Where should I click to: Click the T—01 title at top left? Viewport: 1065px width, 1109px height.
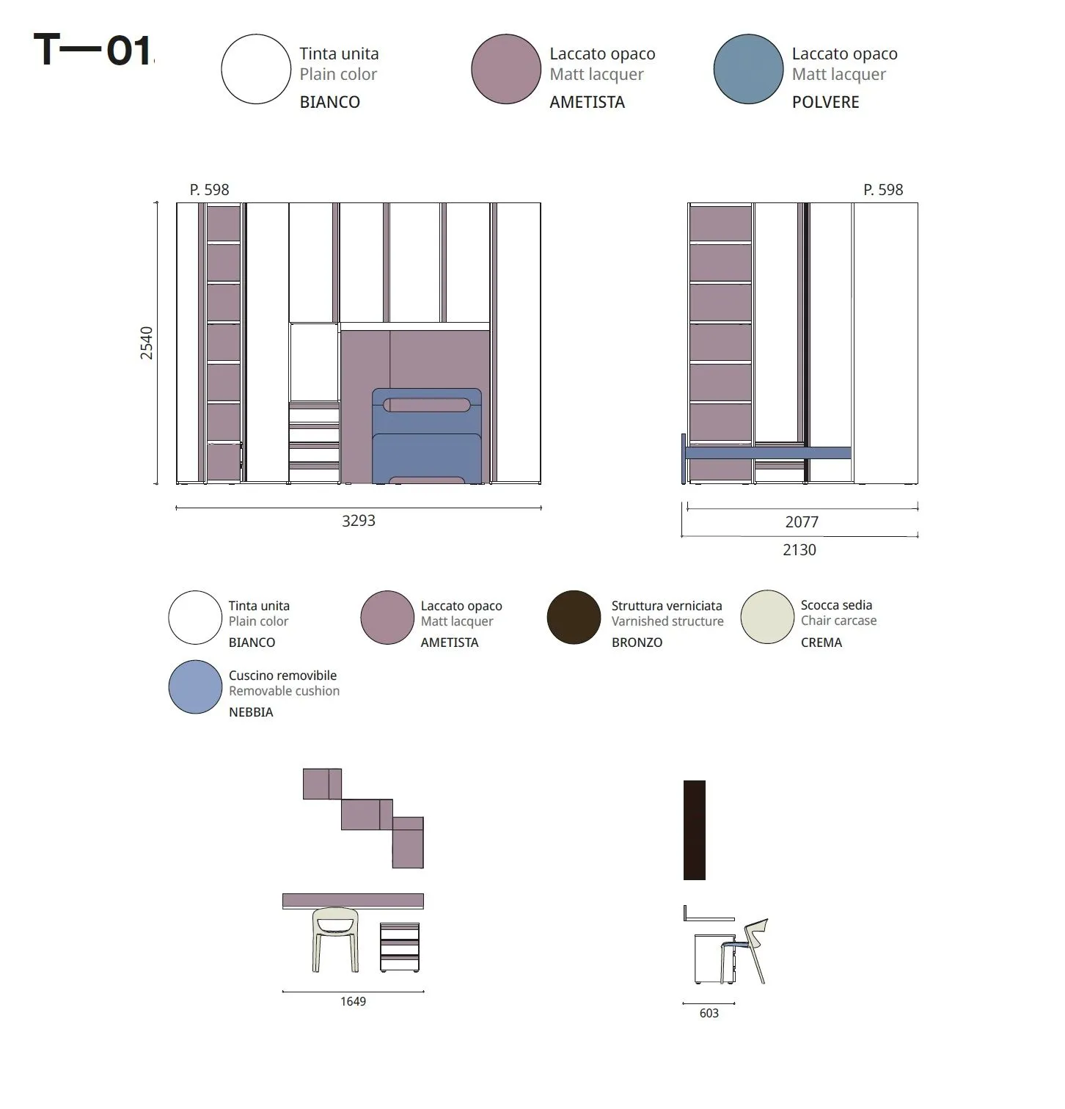94,51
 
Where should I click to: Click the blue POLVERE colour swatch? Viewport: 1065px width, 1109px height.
748,69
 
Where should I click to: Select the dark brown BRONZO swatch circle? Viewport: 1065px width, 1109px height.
574,618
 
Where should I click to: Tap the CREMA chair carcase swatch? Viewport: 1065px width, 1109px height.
767,618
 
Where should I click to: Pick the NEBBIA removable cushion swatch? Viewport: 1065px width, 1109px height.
195,687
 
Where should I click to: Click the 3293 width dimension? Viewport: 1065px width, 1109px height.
359,521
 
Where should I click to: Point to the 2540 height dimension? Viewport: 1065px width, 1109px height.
147,343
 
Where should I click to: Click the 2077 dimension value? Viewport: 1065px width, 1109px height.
802,522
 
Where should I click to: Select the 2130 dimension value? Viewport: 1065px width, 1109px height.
799,550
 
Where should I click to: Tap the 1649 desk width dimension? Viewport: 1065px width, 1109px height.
353,1002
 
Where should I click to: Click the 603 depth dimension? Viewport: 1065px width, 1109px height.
709,1014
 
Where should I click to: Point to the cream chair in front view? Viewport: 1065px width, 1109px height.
336,940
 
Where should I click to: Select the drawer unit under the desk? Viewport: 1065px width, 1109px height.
400,948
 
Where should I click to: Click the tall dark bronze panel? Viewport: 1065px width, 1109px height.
695,830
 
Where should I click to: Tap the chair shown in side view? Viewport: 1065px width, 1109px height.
745,951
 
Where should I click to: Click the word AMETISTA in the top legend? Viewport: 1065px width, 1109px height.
588,102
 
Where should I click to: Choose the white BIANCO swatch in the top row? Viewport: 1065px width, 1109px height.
256,69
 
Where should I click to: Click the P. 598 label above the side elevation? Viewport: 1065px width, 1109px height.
883,190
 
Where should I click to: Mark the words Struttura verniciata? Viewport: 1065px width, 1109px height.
667,606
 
